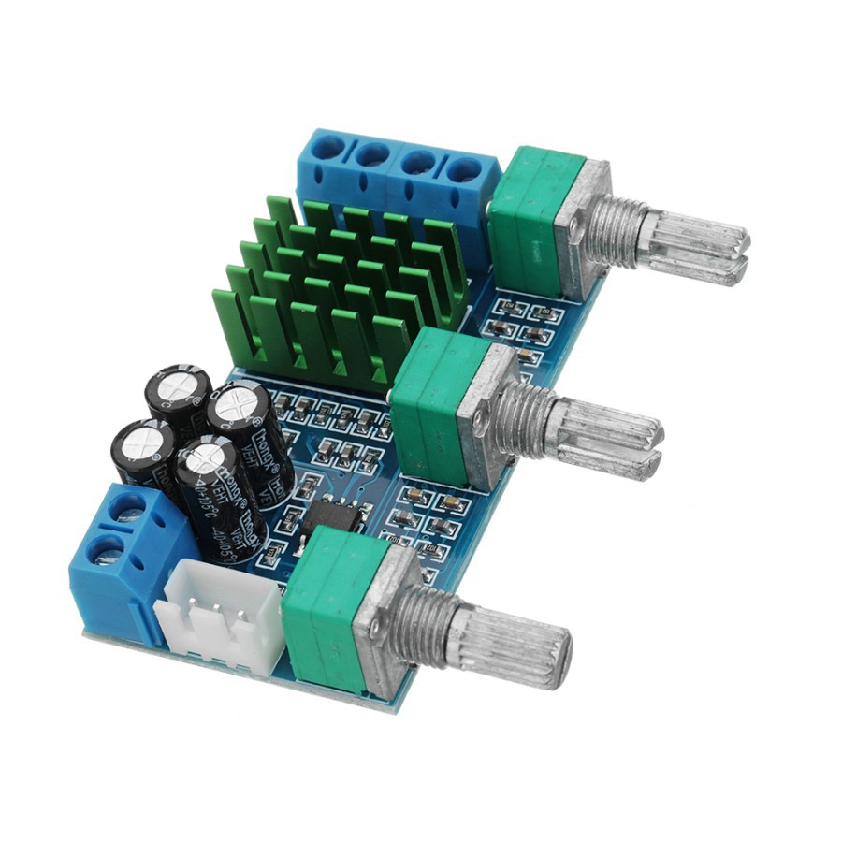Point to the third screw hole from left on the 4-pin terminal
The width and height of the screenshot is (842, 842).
(418, 163)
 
